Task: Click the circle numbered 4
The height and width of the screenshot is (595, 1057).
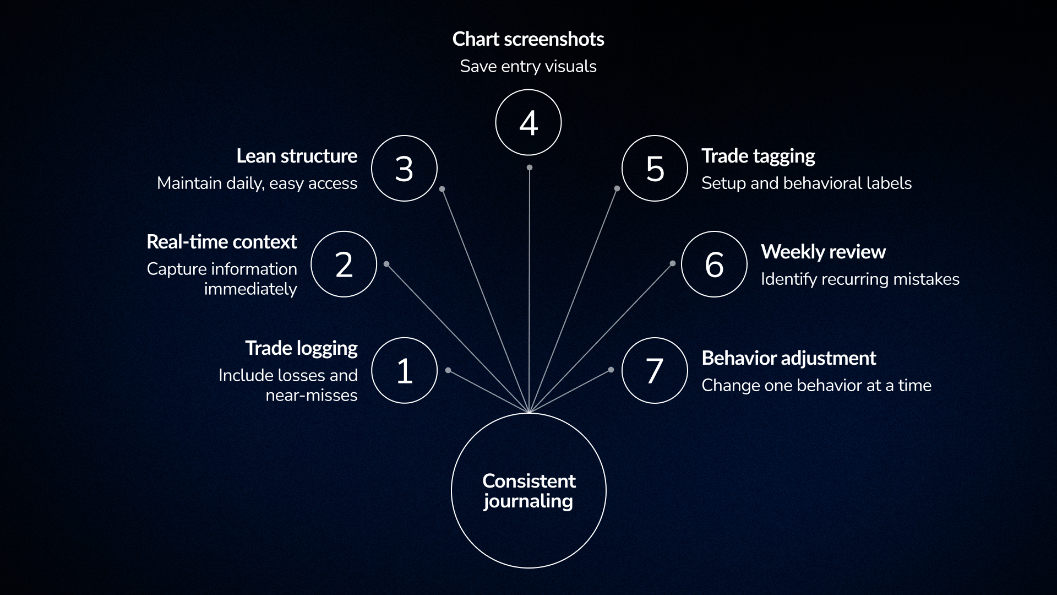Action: pos(528,122)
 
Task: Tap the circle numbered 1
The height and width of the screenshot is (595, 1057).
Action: pos(405,370)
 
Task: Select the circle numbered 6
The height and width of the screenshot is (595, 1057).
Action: pos(714,264)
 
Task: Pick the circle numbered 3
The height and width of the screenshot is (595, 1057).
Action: pos(405,168)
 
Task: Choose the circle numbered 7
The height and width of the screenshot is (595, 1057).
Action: pos(655,370)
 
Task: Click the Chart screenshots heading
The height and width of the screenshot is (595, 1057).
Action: pos(528,39)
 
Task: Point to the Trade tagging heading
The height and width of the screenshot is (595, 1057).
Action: pos(758,156)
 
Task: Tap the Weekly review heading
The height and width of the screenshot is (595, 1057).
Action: pos(823,252)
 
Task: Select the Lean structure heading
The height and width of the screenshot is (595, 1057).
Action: pos(297,156)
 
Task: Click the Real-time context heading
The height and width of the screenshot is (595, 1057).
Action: pos(222,242)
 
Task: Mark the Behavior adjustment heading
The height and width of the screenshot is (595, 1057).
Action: pos(788,358)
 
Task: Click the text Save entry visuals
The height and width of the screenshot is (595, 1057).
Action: pos(528,67)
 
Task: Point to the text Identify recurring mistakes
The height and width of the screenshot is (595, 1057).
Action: pos(860,279)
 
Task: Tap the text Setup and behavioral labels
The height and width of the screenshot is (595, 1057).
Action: pos(807,183)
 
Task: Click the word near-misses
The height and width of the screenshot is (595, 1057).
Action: pos(312,396)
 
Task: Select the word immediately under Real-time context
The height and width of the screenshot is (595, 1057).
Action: pos(250,289)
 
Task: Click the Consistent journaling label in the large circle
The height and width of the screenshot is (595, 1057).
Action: pos(528,491)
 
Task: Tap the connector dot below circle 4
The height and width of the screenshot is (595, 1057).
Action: pos(529,167)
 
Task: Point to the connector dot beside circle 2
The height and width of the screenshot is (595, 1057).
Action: pos(386,264)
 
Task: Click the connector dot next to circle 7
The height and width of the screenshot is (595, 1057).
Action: pos(611,370)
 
